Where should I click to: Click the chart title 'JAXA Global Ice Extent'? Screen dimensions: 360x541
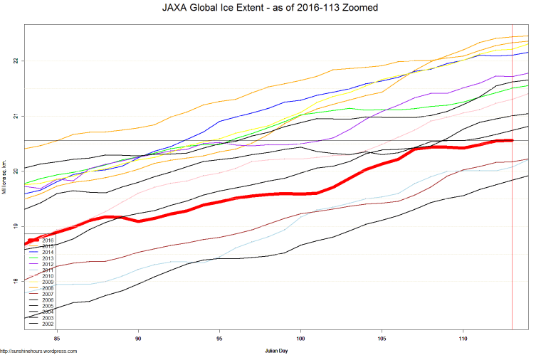[270, 8]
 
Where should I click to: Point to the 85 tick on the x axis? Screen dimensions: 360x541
[56, 338]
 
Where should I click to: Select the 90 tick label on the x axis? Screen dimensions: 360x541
[138, 338]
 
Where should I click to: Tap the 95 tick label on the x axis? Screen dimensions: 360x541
[219, 338]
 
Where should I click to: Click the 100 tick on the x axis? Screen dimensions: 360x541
[300, 338]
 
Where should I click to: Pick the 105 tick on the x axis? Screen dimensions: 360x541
[382, 338]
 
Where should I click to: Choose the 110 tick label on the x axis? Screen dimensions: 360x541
[463, 338]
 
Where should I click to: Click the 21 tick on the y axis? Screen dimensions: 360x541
[15, 116]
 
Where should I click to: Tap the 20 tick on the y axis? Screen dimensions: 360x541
[15, 171]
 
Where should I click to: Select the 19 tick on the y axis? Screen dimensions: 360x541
[15, 226]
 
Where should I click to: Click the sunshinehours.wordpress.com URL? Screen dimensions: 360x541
[38, 351]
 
